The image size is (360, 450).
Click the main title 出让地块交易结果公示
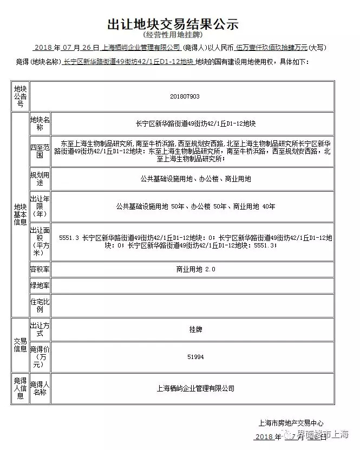pos(173,24)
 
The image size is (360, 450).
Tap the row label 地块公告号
pos(19,96)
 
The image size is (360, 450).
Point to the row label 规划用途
pos(40,179)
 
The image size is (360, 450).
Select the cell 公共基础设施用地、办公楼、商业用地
pos(195,179)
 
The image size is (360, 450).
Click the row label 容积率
pos(40,269)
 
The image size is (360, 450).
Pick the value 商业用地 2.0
pos(195,269)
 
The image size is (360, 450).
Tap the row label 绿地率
pos(40,286)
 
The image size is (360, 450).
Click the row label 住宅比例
pos(40,306)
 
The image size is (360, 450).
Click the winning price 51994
pos(195,357)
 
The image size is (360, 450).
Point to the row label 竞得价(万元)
pos(40,354)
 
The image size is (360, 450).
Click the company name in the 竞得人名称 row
pos(195,388)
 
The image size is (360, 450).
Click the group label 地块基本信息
pos(20,214)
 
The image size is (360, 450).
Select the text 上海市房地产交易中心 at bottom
pos(291,423)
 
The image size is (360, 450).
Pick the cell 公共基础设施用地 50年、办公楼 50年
pos(195,206)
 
